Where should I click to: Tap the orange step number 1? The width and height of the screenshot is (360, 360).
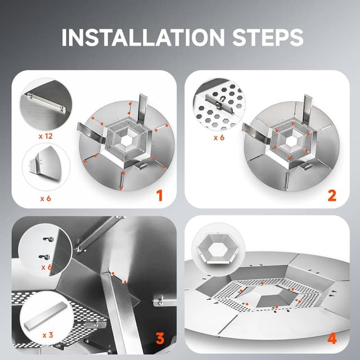[159, 195]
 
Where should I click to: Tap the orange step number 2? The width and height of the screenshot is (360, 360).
[331, 195]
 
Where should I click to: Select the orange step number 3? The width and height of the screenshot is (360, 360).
[160, 339]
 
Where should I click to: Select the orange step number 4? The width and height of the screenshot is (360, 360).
[332, 339]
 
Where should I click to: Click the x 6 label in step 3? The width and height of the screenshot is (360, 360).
[47, 267]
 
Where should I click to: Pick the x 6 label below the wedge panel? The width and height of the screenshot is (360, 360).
[46, 198]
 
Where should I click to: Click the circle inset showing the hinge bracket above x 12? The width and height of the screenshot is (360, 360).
[46, 103]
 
